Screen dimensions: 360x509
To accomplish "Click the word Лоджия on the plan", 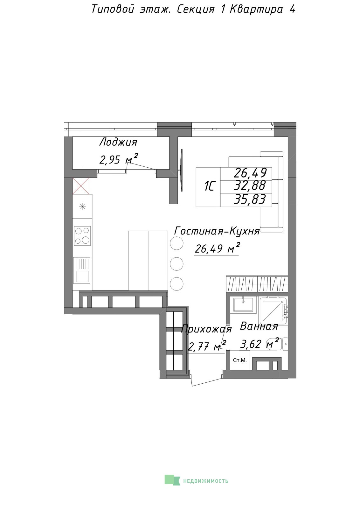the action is tap(118, 143).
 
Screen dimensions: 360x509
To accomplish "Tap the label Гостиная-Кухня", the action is tap(217, 231).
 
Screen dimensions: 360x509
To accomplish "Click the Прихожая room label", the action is tap(206, 329).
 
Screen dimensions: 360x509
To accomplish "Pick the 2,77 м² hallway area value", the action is tap(207, 346).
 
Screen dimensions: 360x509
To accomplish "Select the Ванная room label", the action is tap(259, 326).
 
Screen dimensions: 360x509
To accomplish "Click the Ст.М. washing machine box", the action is tap(240, 360).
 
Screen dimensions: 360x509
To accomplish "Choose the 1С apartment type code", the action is tap(209, 187).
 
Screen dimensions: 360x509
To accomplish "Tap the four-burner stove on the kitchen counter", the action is tap(82, 236).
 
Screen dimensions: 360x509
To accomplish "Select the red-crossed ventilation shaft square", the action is tap(81, 186).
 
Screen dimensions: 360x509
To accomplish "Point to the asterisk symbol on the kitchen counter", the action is tap(82, 206).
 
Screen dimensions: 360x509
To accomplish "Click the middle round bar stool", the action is tap(177, 264).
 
